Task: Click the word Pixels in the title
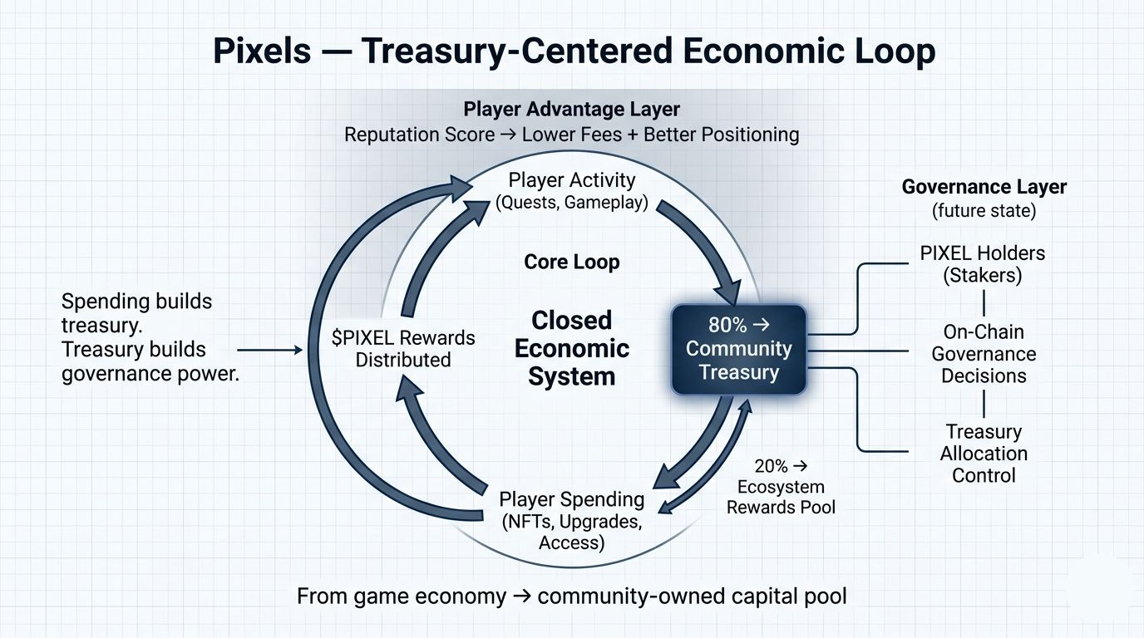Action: (262, 51)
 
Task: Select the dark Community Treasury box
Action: (739, 350)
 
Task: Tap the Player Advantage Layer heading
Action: (571, 109)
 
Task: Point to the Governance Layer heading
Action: (984, 187)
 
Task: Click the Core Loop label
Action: (572, 262)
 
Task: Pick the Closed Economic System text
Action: (571, 349)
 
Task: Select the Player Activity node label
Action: (571, 191)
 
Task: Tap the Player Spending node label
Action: (571, 521)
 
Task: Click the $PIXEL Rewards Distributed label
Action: (403, 349)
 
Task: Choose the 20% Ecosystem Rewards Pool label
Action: (781, 487)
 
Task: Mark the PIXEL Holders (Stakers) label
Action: (983, 264)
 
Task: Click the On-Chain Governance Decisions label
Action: (984, 354)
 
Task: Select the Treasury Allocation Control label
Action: (984, 454)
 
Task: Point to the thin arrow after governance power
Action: (270, 350)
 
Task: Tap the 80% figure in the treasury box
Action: (727, 325)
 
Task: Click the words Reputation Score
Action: (419, 135)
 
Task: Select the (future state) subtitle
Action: (984, 211)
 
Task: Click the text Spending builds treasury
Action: (136, 313)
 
